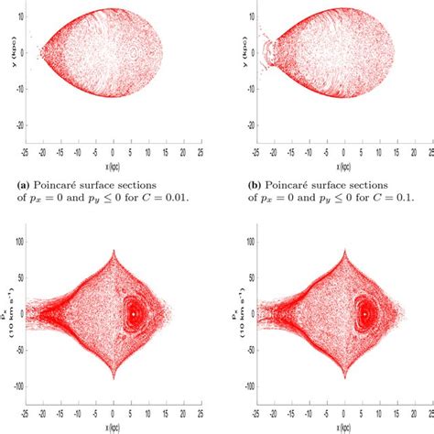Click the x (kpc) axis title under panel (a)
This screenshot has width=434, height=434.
point(113,167)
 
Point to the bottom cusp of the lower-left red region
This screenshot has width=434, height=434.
point(113,378)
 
